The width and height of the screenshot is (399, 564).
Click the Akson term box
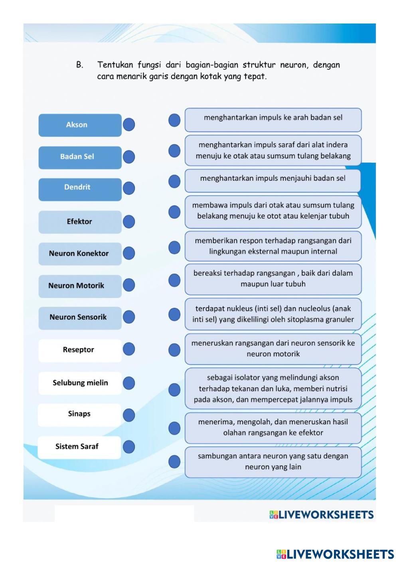click(x=80, y=125)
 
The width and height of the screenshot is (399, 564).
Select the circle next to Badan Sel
click(x=129, y=157)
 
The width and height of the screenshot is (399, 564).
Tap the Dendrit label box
click(x=80, y=189)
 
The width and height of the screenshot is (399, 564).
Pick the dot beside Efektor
click(x=129, y=221)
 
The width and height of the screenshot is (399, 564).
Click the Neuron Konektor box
click(x=80, y=254)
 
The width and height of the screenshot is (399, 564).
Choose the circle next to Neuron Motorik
click(x=129, y=285)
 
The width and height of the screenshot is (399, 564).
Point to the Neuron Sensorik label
click(x=78, y=317)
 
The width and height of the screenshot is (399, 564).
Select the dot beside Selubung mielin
click(x=129, y=383)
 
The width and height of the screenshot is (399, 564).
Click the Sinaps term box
click(x=79, y=415)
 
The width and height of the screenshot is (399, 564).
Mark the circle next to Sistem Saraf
click(x=129, y=447)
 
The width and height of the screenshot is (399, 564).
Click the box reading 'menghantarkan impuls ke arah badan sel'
click(x=273, y=120)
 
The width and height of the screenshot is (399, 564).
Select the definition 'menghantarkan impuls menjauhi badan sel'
click(x=273, y=181)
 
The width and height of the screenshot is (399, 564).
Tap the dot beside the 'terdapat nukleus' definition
click(x=174, y=314)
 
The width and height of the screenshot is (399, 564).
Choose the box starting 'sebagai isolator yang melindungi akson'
click(x=273, y=388)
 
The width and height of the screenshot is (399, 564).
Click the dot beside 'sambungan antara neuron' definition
click(x=174, y=462)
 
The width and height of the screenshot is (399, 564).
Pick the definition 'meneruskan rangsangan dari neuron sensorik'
click(x=273, y=349)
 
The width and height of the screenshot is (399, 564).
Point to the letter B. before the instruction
click(x=80, y=65)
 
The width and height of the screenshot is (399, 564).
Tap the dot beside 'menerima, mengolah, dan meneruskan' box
click(x=174, y=428)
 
